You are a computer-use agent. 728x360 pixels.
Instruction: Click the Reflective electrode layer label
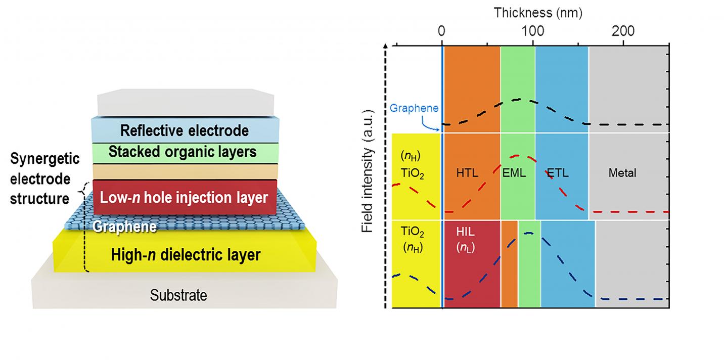[185, 131]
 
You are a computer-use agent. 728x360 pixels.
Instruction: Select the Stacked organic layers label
[183, 152]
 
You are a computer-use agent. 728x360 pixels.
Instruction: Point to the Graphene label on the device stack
[124, 227]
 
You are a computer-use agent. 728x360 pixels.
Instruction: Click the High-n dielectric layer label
[186, 255]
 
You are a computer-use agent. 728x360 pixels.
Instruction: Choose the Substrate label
[178, 295]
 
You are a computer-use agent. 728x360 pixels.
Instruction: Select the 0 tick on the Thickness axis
[442, 30]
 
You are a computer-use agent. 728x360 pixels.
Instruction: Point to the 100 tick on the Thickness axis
[532, 30]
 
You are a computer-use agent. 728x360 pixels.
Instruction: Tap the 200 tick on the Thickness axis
[623, 30]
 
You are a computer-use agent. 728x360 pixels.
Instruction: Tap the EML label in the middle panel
[514, 173]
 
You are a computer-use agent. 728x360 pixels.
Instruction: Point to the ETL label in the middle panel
[558, 173]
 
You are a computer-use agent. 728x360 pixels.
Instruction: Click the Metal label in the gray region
[622, 173]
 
